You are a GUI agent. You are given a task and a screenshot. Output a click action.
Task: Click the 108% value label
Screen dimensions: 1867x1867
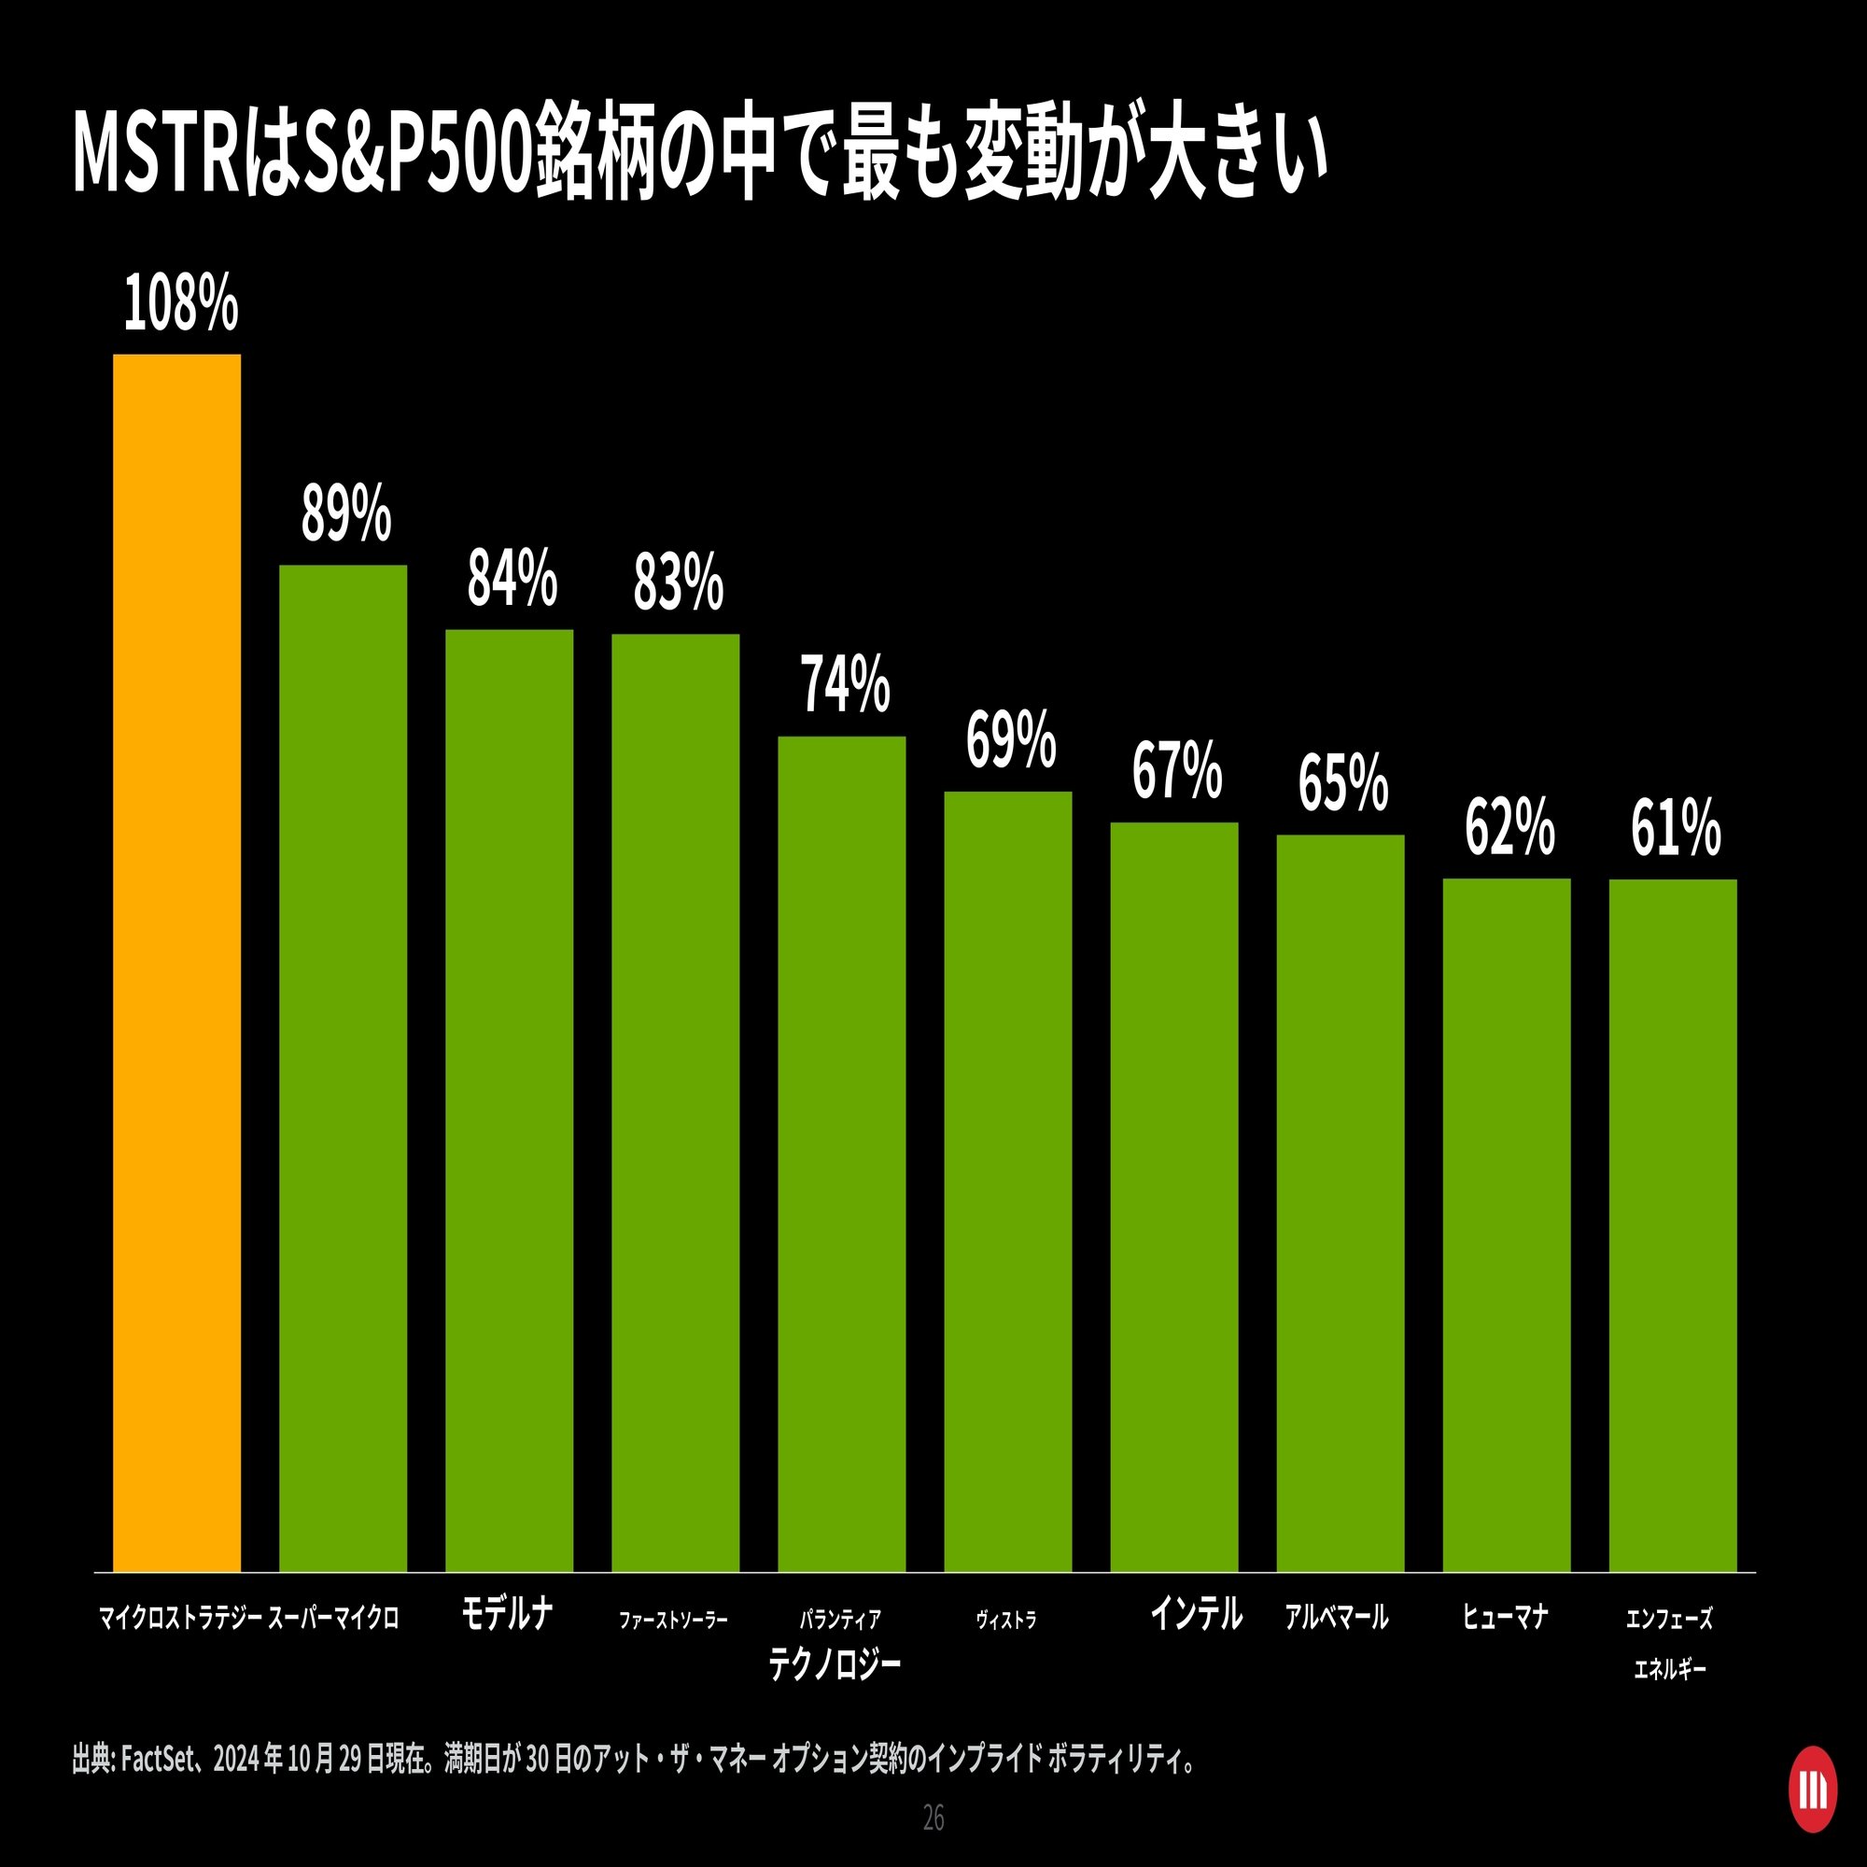(x=181, y=304)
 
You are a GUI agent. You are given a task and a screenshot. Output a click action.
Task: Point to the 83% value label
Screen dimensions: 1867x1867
(x=679, y=583)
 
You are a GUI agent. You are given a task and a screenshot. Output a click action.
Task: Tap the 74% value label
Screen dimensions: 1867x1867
(x=845, y=685)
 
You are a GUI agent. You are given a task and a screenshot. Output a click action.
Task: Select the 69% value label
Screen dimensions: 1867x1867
(x=1011, y=740)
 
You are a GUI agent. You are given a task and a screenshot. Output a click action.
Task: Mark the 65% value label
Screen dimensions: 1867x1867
(x=1343, y=784)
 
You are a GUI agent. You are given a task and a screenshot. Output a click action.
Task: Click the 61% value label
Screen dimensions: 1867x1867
(x=1676, y=828)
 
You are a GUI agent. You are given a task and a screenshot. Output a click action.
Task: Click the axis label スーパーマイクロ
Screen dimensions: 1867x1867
(x=333, y=1618)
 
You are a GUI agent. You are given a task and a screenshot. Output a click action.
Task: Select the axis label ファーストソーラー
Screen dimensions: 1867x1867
(x=674, y=1620)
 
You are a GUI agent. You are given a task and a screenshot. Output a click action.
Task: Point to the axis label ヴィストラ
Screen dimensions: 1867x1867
(x=1006, y=1620)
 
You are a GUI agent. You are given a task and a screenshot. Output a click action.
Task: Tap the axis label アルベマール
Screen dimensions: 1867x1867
(x=1337, y=1617)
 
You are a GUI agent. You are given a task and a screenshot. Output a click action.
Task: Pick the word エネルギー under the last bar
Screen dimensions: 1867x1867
(x=1670, y=1669)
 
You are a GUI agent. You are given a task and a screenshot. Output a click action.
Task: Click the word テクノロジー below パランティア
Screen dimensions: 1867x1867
(x=835, y=1664)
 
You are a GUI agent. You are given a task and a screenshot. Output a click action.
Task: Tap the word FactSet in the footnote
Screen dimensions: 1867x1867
(x=159, y=1759)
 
